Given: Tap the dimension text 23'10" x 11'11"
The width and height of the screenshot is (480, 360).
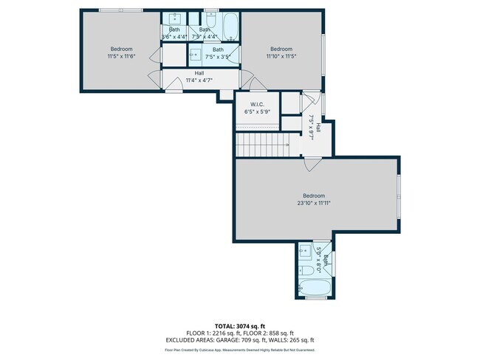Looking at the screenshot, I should [x=314, y=203].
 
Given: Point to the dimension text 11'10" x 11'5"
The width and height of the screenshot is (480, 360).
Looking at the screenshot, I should [x=281, y=55].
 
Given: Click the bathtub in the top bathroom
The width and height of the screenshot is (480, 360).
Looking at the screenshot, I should [x=230, y=27].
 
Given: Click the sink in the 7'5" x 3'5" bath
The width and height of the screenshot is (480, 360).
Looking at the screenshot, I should [x=196, y=53].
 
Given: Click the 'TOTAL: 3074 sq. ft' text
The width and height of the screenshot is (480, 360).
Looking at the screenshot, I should [x=239, y=325].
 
